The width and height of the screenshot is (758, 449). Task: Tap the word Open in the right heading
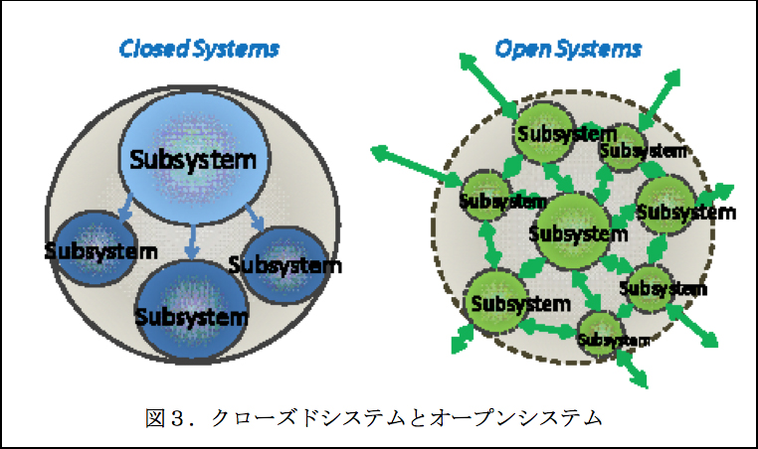tap(519, 48)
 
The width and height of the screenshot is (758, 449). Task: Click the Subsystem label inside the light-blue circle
tap(187, 158)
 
